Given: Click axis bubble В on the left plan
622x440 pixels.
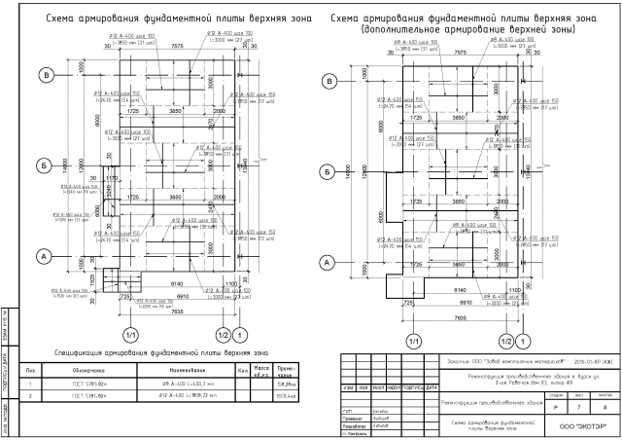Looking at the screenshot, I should (x=45, y=75).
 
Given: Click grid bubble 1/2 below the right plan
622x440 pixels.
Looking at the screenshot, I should (x=506, y=341).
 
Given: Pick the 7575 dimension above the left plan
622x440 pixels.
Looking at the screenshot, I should (x=177, y=46).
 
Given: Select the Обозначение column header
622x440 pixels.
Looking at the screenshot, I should (x=82, y=370).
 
